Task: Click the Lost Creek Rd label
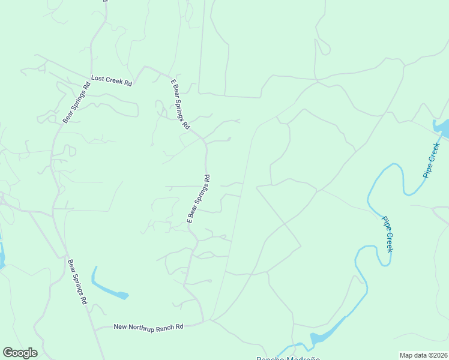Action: pyautogui.click(x=111, y=80)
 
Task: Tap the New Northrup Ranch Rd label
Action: pyautogui.click(x=148, y=327)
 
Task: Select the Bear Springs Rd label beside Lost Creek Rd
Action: pyautogui.click(x=76, y=102)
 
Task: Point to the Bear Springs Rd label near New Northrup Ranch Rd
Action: pyautogui.click(x=77, y=281)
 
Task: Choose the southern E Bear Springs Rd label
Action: pyautogui.click(x=199, y=199)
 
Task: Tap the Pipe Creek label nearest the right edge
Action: pyautogui.click(x=432, y=160)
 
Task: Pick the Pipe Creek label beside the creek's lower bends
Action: pyautogui.click(x=388, y=233)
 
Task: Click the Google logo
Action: pyautogui.click(x=20, y=353)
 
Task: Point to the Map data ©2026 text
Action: pyautogui.click(x=423, y=355)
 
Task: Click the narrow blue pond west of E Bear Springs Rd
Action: pyautogui.click(x=107, y=287)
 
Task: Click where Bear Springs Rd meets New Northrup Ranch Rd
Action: pyautogui.click(x=94, y=328)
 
